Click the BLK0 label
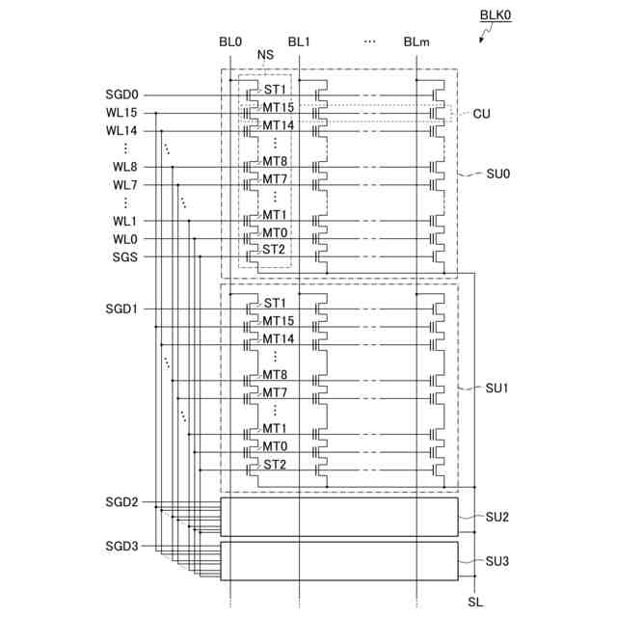coord(497,16)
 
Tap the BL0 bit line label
coord(230,42)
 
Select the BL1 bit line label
coord(299,42)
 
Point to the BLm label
coord(416,42)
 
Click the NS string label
coord(265,56)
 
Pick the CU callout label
coord(482,114)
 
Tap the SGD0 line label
coord(123,95)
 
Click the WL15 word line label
coord(122,113)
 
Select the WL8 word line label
coord(125,167)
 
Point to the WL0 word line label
coord(125,239)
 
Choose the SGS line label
coord(125,256)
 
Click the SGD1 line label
coord(123,309)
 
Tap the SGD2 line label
coord(122,502)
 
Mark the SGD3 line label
coord(122,547)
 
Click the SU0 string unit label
coord(497,175)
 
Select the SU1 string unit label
coord(497,388)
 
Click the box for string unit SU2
coord(339,517)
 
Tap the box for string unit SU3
coord(339,561)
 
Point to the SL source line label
coord(474,603)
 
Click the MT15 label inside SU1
coord(278,321)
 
